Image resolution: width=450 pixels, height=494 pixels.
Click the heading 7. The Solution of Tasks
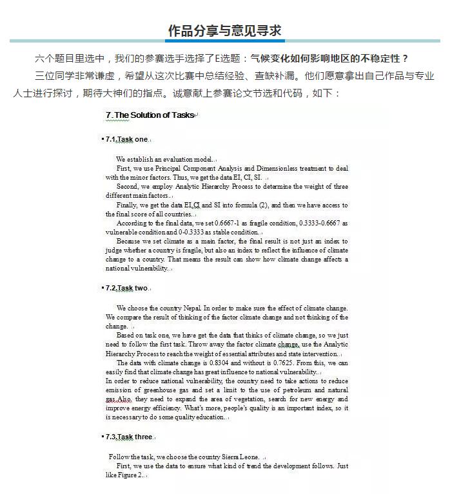click(150, 115)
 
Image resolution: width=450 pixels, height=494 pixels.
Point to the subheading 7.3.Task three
click(129, 437)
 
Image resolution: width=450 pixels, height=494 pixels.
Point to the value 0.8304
click(213, 363)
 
